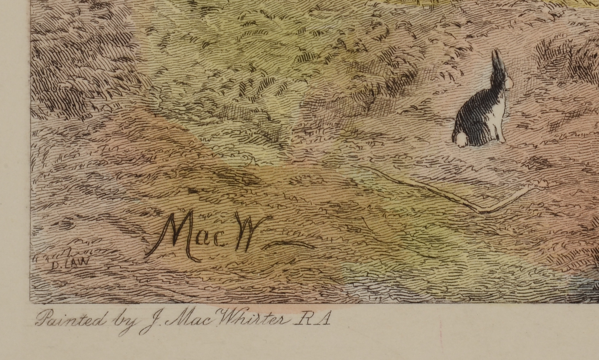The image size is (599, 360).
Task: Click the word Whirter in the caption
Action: (252, 319)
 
